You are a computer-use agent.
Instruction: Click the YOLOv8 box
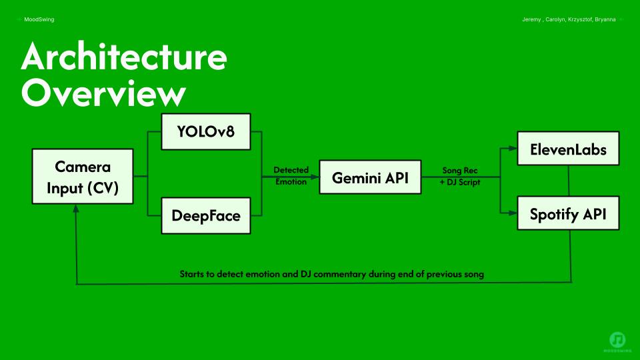(206, 131)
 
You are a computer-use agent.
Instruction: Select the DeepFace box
(206, 215)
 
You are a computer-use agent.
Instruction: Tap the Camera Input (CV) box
(83, 176)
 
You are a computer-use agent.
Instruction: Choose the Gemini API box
(370, 177)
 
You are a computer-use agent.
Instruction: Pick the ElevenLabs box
(568, 148)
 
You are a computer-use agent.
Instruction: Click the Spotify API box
(568, 213)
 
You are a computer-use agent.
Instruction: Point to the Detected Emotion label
(291, 176)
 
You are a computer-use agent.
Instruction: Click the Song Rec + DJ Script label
(460, 176)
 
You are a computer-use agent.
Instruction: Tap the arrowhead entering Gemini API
(315, 177)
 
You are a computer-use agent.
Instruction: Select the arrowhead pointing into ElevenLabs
(513, 149)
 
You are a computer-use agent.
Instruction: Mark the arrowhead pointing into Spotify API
(513, 213)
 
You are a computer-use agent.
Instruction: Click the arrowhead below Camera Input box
(76, 208)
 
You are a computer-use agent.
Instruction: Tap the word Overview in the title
(104, 93)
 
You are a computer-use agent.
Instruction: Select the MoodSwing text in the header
(39, 19)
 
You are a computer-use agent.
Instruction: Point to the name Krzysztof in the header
(580, 19)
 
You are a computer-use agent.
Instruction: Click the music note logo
(617, 340)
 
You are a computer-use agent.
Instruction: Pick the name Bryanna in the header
(605, 19)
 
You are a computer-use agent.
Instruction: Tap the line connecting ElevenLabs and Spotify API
(569, 181)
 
